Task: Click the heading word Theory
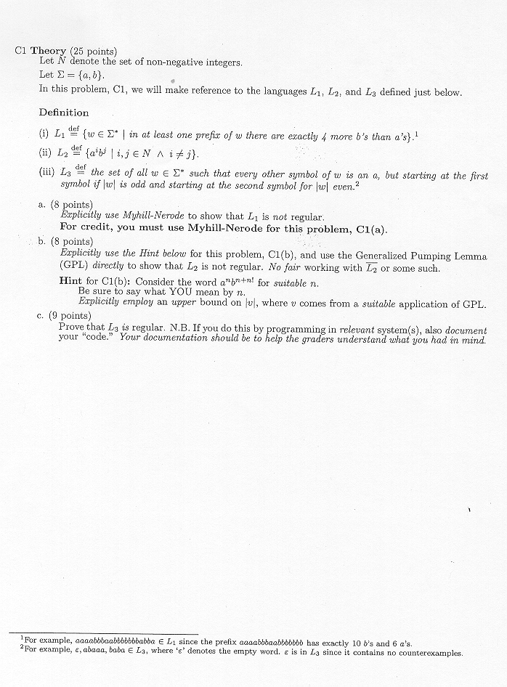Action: [x=49, y=51]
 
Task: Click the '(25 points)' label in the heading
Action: [x=94, y=51]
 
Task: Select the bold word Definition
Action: [x=64, y=113]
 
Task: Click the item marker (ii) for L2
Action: [x=45, y=154]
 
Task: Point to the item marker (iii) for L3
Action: [x=46, y=174]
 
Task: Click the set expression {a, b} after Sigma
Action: [x=90, y=76]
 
